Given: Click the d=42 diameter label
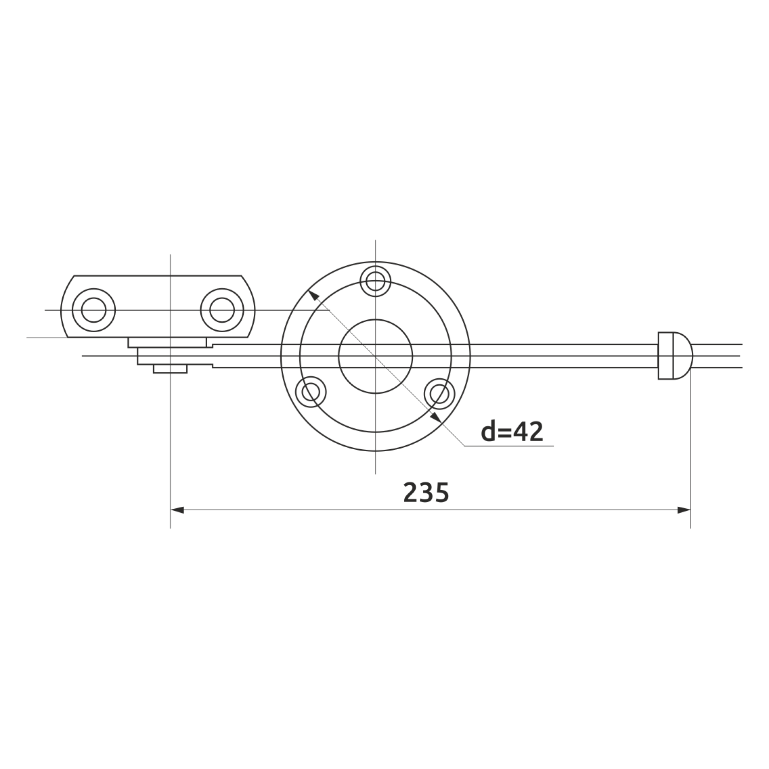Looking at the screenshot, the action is coord(512,432).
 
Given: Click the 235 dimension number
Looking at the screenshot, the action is coord(426,492).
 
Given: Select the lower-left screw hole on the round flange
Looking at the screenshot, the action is coord(311,392).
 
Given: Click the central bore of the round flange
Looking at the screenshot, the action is coord(375,356).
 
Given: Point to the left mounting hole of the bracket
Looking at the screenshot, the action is coord(93,310).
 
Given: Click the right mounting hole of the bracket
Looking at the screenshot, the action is coord(222,310).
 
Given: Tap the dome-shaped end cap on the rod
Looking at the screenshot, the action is coord(675,356).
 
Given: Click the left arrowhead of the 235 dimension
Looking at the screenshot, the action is coord(177,510).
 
